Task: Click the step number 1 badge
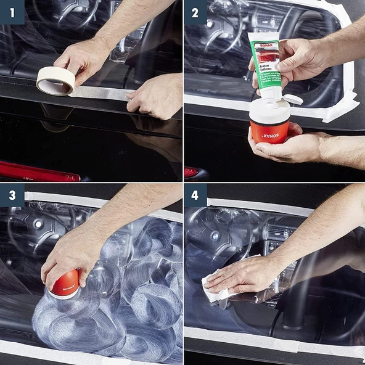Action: (12, 12)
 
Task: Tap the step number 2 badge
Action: (195, 12)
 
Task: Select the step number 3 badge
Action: (12, 195)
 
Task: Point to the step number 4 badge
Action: (195, 195)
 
